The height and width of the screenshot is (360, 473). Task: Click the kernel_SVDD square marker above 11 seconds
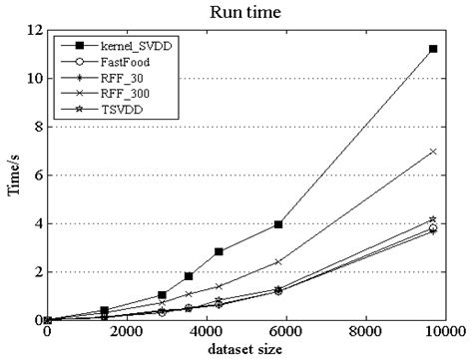click(433, 48)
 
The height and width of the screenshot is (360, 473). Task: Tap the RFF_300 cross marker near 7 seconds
click(433, 151)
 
